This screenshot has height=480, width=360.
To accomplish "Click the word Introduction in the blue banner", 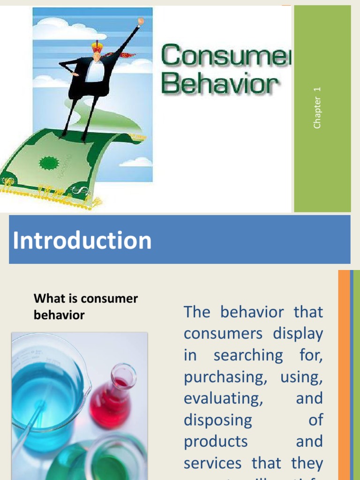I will click(x=82, y=240).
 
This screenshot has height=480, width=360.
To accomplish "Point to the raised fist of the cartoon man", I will click(x=140, y=21).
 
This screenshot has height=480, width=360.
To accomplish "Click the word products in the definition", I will click(x=216, y=442).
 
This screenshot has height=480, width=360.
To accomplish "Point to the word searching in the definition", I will click(x=248, y=355).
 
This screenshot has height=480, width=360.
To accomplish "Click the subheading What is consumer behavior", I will click(x=86, y=307).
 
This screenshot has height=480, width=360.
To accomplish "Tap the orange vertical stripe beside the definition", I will click(x=344, y=375).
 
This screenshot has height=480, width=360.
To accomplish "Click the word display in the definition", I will click(x=299, y=334).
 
